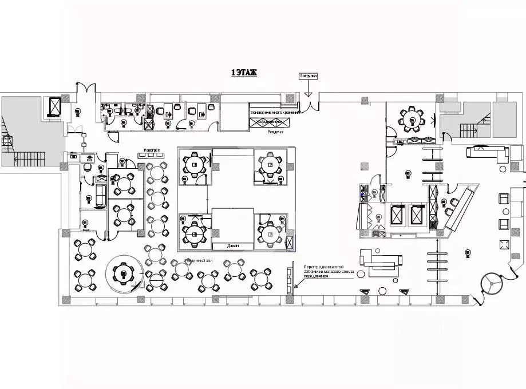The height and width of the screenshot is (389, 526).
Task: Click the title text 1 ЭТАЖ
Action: (244, 73)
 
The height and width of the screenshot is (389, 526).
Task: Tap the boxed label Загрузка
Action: (308, 76)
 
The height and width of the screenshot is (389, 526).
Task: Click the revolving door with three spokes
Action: (491, 281)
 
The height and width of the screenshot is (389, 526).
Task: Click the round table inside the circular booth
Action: (123, 273)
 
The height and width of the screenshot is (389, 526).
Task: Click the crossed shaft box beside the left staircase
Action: (55, 106)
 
